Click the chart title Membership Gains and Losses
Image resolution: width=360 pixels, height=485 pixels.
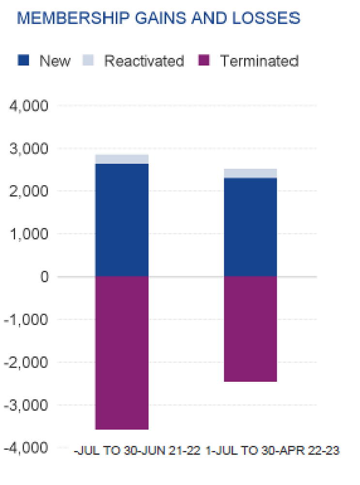158,18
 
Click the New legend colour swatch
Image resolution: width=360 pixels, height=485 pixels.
24,61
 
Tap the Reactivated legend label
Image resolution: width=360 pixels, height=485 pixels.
144,61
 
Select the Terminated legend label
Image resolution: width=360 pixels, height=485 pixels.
259,61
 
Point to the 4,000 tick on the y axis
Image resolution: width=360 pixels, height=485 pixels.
30,105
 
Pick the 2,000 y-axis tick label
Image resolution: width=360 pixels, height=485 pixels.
30,191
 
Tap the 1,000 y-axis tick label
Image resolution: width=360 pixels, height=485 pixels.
30,234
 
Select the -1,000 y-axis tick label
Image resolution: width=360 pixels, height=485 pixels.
27,319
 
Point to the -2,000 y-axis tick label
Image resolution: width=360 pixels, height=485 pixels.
27,362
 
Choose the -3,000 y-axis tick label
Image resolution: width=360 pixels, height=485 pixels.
27,404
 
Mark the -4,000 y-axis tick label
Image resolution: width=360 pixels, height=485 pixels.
27,447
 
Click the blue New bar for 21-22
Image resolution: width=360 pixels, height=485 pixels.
122,220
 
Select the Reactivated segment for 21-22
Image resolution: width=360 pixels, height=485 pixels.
122,159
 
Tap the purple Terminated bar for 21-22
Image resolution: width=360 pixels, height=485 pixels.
122,353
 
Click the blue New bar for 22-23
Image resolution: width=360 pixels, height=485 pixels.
250,227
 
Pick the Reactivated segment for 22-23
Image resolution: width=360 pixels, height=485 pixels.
250,173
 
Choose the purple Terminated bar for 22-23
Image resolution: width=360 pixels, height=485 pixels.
250,329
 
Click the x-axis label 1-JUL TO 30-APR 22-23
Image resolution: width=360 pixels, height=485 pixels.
273,451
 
